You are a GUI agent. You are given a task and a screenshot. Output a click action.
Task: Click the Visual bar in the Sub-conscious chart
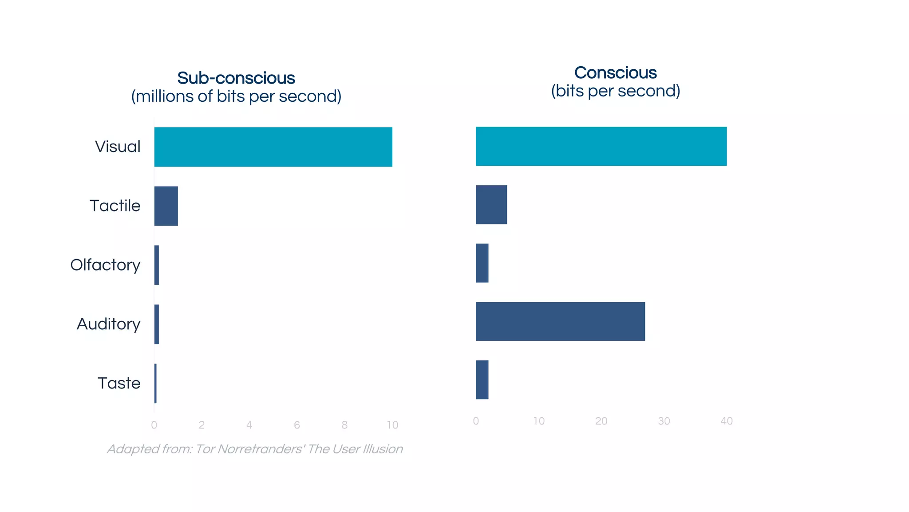pyautogui.click(x=273, y=147)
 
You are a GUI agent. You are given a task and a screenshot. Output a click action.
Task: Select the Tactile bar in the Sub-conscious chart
pyautogui.click(x=166, y=206)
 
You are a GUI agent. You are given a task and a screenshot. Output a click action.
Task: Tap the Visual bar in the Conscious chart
pyautogui.click(x=601, y=146)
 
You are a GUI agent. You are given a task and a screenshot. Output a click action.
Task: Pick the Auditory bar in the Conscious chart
pyautogui.click(x=560, y=321)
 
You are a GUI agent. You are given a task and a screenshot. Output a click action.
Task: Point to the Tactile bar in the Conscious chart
pyautogui.click(x=491, y=204)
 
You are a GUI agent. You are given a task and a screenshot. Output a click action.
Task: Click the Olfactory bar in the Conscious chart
pyautogui.click(x=482, y=263)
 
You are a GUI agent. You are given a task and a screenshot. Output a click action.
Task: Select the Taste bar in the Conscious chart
pyautogui.click(x=482, y=380)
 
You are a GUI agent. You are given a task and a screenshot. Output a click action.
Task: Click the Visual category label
pyautogui.click(x=118, y=147)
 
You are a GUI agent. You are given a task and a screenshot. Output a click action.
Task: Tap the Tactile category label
pyautogui.click(x=115, y=206)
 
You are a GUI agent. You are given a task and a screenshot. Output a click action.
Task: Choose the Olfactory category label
pyautogui.click(x=105, y=265)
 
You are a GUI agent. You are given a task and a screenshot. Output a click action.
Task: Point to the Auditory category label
pyautogui.click(x=109, y=324)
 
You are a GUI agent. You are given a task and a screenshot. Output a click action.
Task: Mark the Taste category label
pyautogui.click(x=119, y=383)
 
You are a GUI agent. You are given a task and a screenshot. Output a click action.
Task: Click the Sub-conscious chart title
pyautogui.click(x=236, y=78)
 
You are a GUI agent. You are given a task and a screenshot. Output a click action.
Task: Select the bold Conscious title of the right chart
pyautogui.click(x=615, y=73)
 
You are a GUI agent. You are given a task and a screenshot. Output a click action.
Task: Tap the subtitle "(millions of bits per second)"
pyautogui.click(x=236, y=96)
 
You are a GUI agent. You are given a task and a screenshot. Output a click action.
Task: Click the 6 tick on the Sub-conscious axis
pyautogui.click(x=297, y=425)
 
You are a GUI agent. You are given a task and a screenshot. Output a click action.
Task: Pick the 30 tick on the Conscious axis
pyautogui.click(x=664, y=421)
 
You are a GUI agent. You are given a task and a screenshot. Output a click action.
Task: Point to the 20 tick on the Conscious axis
pyautogui.click(x=601, y=421)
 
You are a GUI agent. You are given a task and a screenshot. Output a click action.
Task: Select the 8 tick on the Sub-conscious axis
pyautogui.click(x=344, y=425)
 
